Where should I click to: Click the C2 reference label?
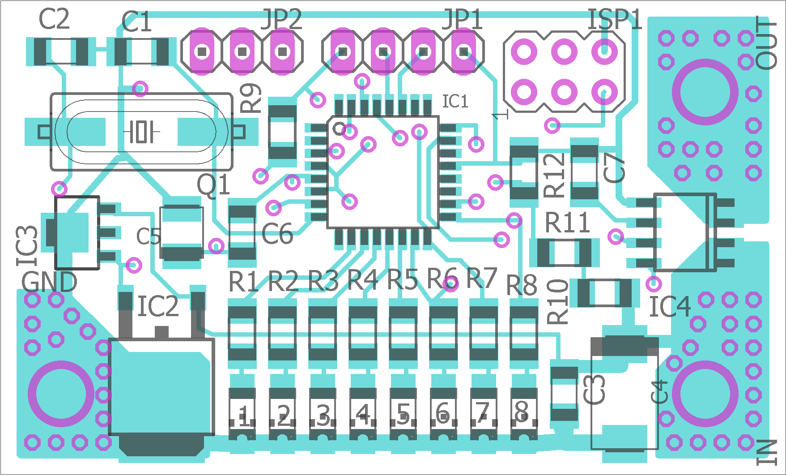pos(54,19)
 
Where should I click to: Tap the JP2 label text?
pos(281,19)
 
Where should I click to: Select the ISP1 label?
pos(615,20)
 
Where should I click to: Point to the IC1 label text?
pos(455,102)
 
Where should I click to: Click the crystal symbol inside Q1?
pos(141,132)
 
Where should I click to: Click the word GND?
pos(49,282)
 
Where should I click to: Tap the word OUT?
pos(766,43)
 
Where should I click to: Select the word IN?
pos(767,452)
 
